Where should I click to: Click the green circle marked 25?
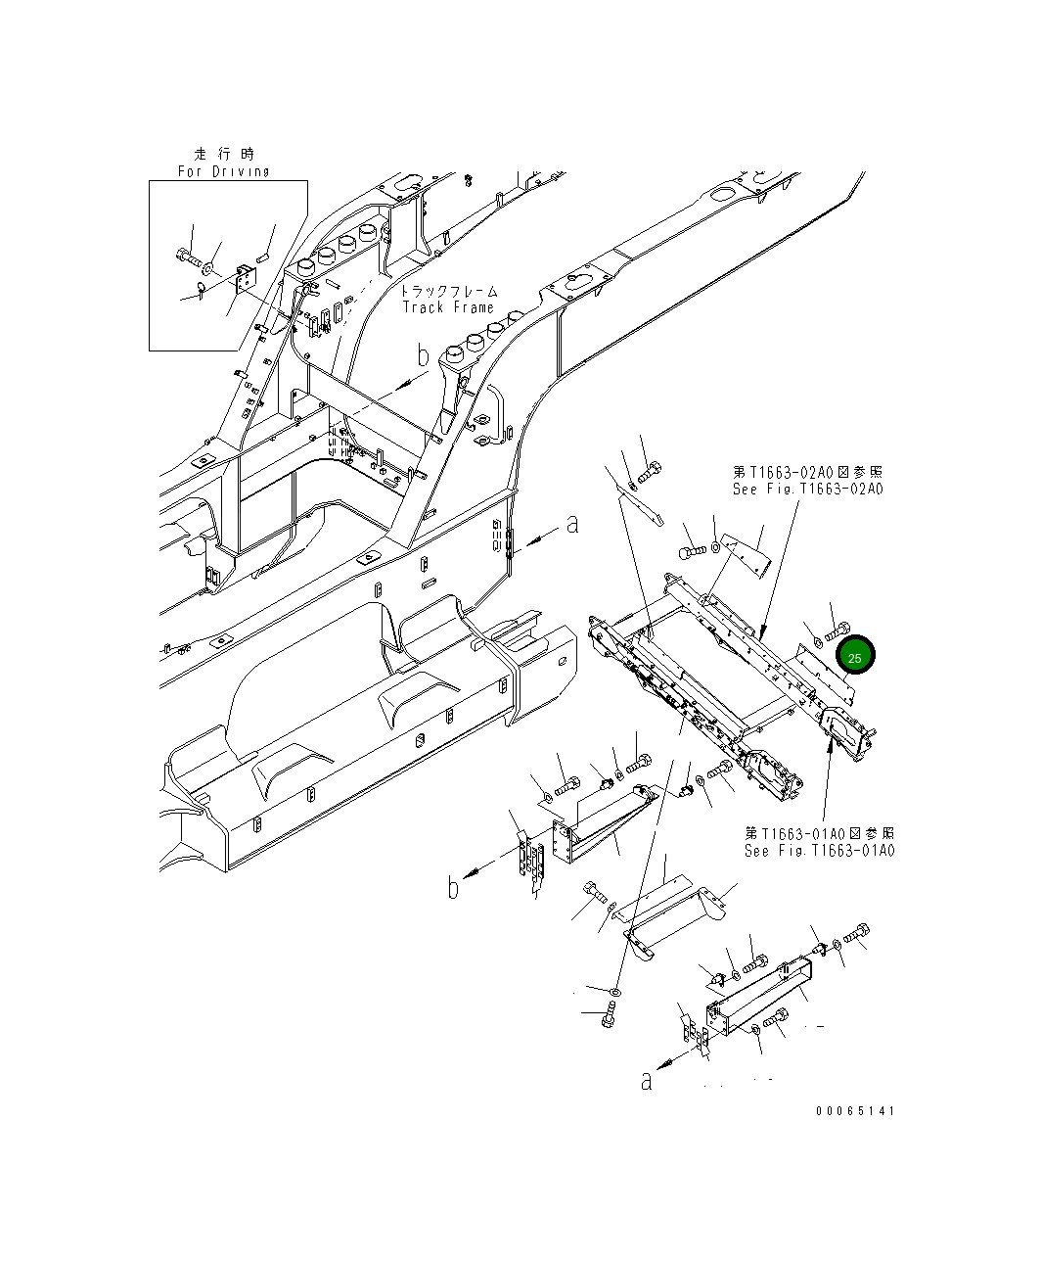(x=854, y=658)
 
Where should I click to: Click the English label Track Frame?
(x=449, y=307)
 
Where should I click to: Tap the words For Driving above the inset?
(x=224, y=171)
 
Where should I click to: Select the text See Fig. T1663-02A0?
(x=807, y=489)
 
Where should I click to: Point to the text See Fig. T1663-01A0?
(x=819, y=850)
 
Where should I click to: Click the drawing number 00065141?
(x=854, y=1111)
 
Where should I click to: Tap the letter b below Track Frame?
(x=423, y=356)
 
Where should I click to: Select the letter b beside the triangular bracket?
(x=453, y=888)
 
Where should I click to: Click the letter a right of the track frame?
(x=572, y=525)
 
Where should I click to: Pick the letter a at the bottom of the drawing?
(x=646, y=1081)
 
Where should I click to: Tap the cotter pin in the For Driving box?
(x=200, y=290)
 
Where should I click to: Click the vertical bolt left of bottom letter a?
(x=610, y=1016)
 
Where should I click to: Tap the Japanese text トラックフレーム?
(x=449, y=291)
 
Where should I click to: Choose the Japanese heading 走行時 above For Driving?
(x=223, y=154)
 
